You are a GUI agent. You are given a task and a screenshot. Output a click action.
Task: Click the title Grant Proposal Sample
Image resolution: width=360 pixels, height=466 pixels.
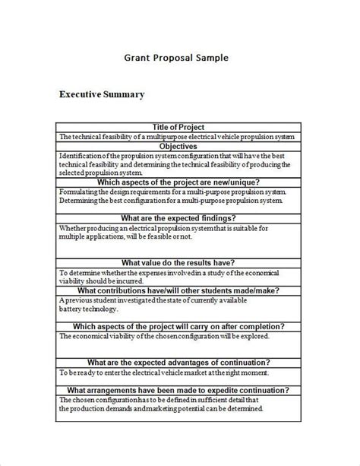(x=175, y=57)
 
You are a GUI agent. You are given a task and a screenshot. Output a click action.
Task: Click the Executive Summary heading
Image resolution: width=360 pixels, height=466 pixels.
(x=101, y=95)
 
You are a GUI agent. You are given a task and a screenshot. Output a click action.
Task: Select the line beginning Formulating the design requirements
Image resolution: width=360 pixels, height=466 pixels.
(x=163, y=192)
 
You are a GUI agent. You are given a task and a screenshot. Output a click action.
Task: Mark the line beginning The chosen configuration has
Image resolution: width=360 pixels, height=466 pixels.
(x=158, y=399)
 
